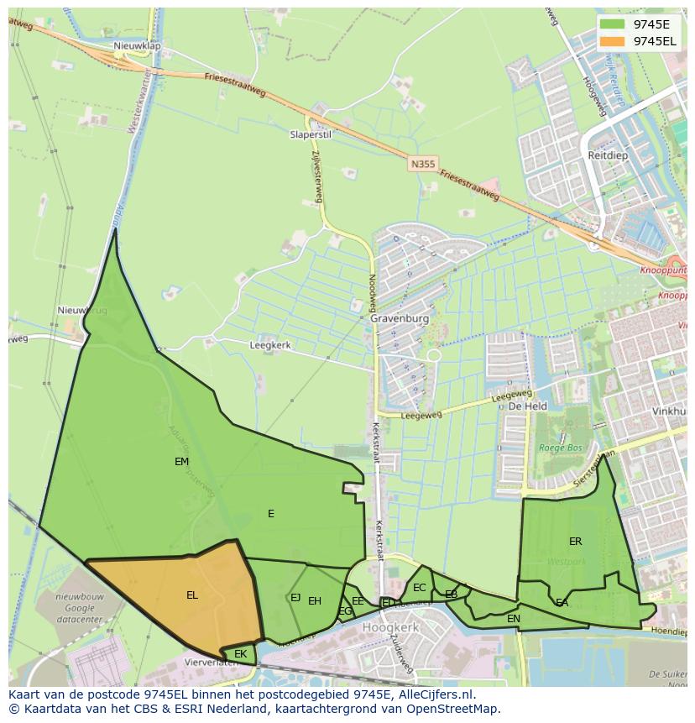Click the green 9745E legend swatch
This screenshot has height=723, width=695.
point(614,24)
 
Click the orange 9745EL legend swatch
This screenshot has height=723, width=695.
point(614,41)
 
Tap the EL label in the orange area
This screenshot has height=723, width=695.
point(192,595)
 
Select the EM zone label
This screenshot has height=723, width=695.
point(181,462)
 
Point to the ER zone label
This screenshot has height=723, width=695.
point(575,542)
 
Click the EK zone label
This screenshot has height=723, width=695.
point(240,654)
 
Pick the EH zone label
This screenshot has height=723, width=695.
point(315,601)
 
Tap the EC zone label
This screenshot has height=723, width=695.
point(420,588)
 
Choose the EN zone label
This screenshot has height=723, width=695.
point(514,619)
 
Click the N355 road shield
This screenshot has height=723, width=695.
point(423,165)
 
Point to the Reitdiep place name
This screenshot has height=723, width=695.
point(608,156)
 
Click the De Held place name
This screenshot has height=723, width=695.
point(528,406)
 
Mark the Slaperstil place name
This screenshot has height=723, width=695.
point(311,134)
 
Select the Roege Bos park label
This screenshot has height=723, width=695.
point(560,448)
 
